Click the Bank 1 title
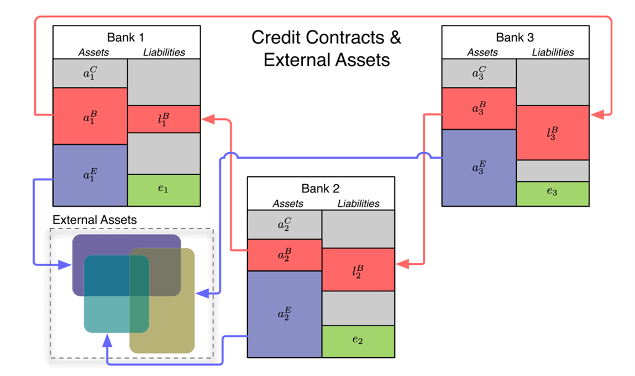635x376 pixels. point(126,38)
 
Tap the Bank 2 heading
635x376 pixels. point(321,189)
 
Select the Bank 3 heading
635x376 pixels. point(515,38)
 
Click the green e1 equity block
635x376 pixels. point(164,190)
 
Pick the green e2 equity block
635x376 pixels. point(358,341)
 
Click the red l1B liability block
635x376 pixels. point(164,119)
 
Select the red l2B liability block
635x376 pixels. point(358,269)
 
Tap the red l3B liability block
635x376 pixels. point(553,132)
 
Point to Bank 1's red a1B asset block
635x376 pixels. point(90,116)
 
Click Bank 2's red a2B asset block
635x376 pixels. point(285,255)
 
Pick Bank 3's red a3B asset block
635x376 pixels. point(479,108)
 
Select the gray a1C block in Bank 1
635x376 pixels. point(90,72)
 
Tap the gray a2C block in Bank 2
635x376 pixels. point(285,224)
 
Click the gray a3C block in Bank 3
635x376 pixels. point(479,72)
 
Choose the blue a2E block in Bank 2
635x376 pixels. point(285,314)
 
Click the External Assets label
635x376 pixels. point(95,220)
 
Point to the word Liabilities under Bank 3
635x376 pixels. point(553,53)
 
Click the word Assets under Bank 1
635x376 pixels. point(93,53)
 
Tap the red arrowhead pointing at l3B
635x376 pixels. point(596,115)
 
